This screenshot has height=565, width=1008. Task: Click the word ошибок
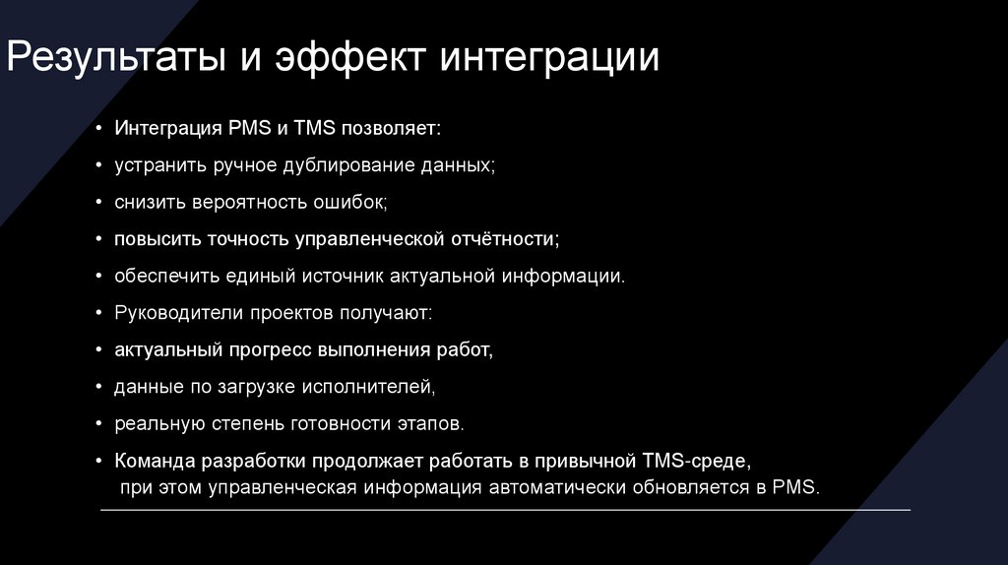click(351, 203)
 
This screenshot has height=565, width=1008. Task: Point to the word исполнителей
click(377, 386)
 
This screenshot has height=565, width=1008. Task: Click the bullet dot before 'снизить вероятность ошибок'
click(100, 203)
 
